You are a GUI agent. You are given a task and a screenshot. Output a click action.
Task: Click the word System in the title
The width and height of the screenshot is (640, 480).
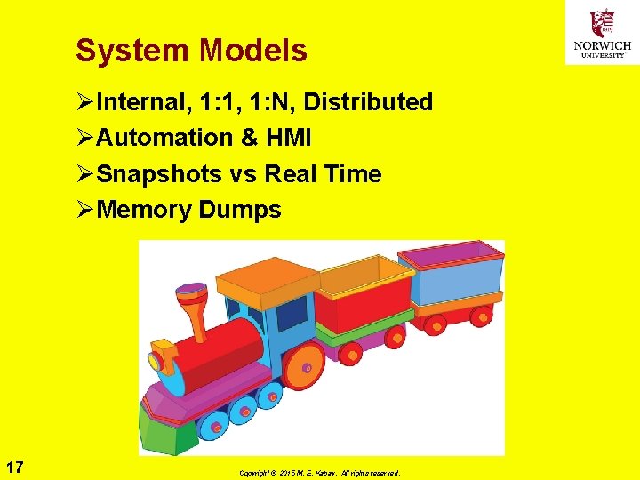coord(133,51)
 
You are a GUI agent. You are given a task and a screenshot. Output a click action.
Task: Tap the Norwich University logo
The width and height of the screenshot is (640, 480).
coord(602,33)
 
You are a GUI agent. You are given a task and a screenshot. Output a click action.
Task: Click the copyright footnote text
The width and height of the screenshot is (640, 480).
coord(319,473)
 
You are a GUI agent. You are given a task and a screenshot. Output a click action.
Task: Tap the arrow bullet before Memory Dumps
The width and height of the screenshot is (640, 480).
coord(85,211)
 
